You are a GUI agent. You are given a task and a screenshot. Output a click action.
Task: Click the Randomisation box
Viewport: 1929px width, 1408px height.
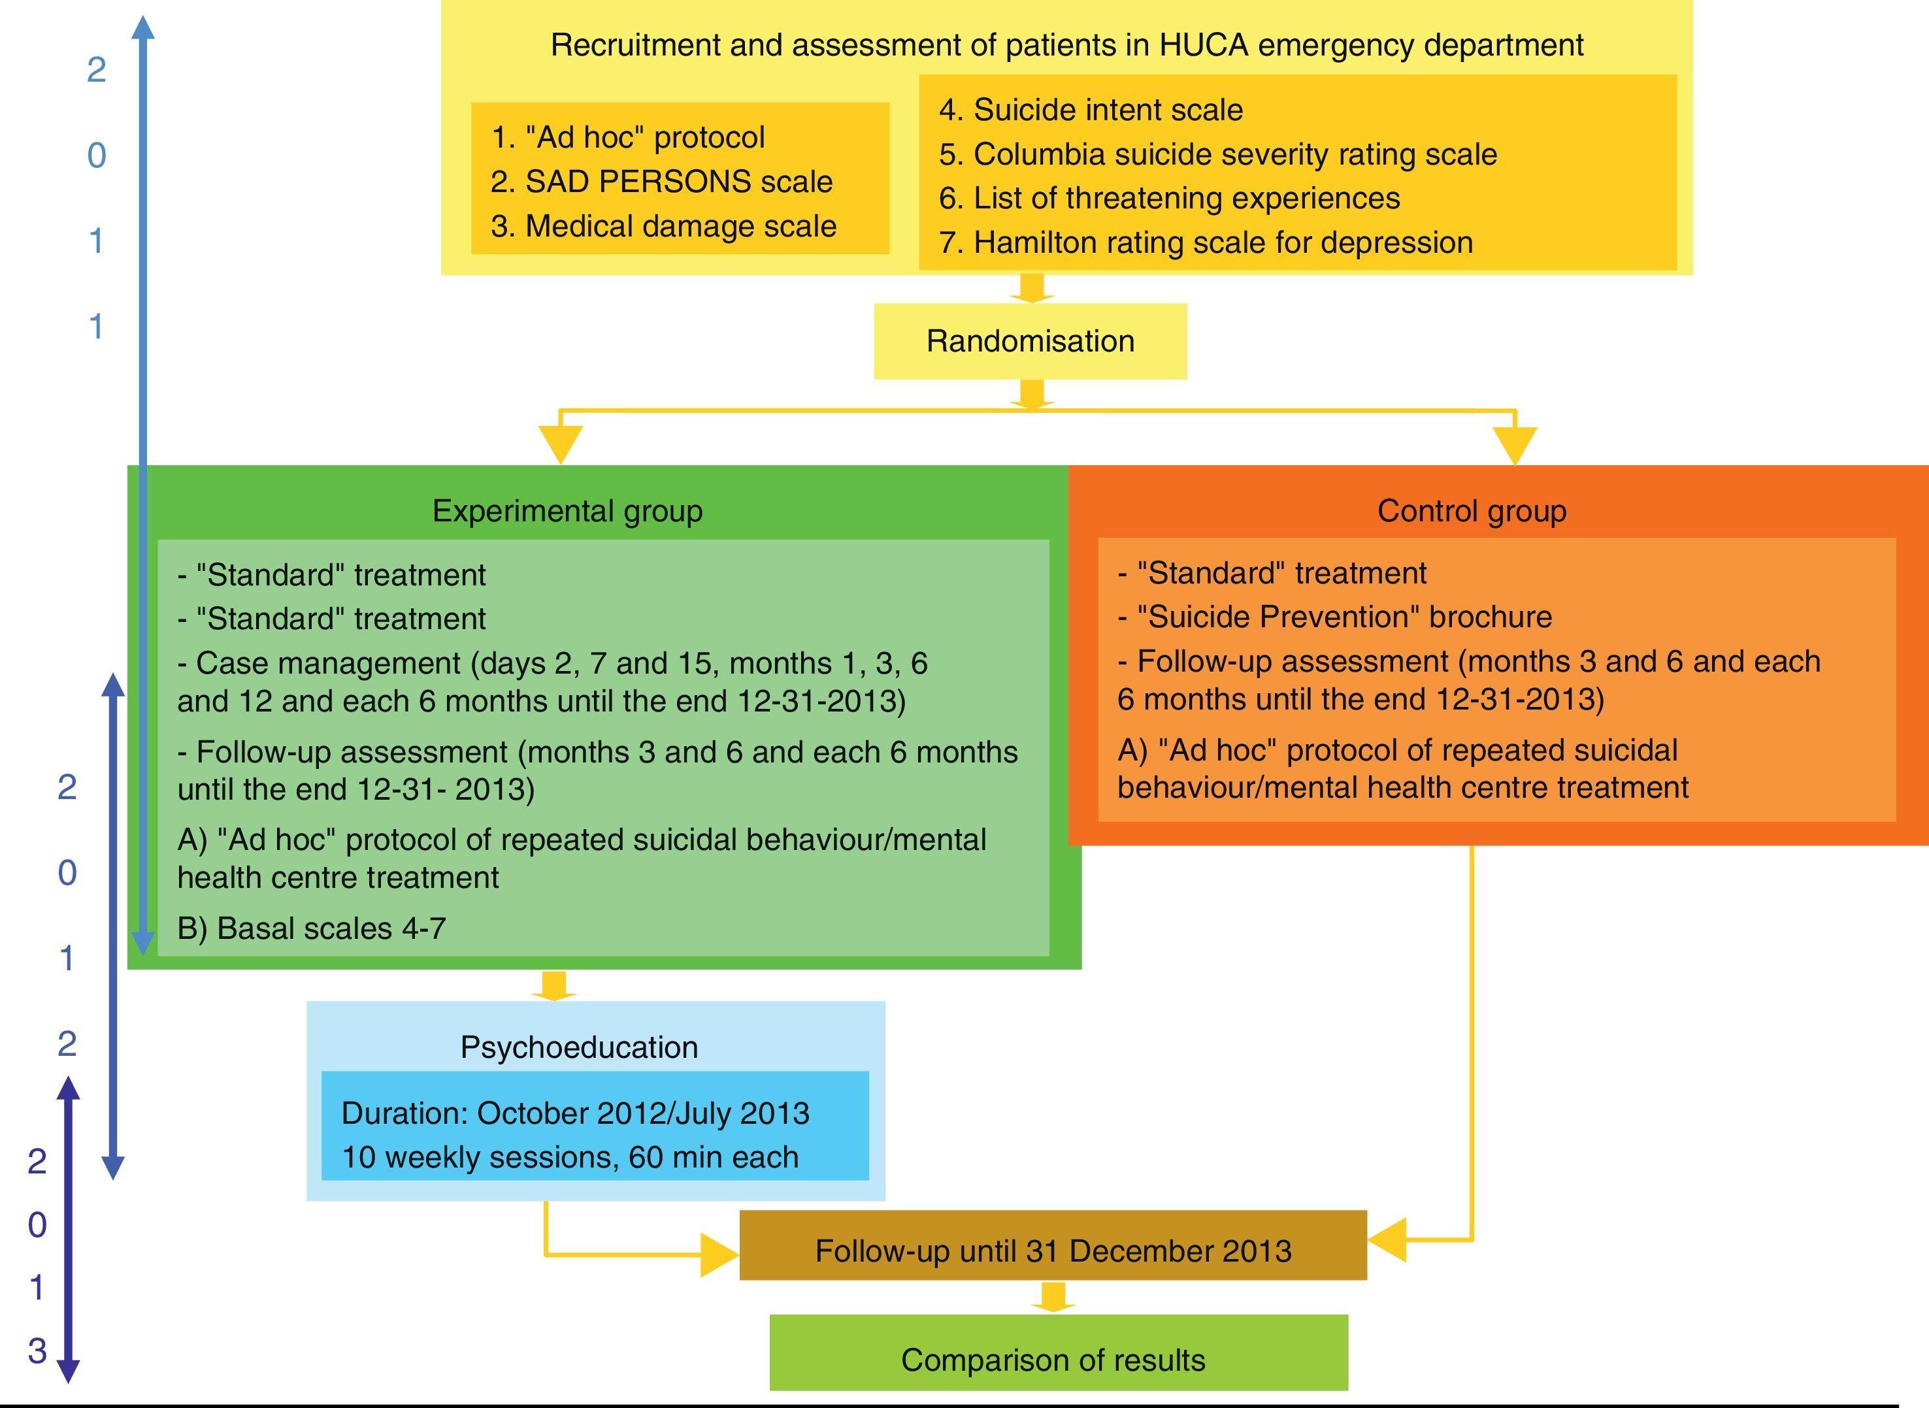click(1030, 341)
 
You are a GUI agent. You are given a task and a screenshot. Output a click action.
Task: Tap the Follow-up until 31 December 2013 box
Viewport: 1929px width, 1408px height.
click(1053, 1251)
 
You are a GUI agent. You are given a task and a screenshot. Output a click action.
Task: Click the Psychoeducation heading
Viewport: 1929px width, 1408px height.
click(579, 1047)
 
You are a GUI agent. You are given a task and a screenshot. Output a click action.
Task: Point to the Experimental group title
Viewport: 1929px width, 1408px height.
click(568, 510)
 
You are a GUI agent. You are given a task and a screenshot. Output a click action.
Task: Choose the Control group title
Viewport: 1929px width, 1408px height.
click(1472, 510)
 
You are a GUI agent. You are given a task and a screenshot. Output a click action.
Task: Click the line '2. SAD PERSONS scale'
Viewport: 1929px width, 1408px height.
click(661, 182)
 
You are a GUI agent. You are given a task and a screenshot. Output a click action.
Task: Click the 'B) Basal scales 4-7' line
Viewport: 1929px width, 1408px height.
click(311, 928)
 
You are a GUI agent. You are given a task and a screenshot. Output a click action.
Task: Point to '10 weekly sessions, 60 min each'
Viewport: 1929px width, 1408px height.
click(569, 1156)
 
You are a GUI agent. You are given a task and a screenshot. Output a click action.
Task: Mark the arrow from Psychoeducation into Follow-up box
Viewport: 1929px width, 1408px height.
click(719, 1254)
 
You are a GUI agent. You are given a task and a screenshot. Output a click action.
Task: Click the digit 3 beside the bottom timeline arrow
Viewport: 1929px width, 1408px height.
click(37, 1350)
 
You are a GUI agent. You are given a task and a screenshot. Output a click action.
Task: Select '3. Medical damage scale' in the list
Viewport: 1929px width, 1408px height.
click(663, 226)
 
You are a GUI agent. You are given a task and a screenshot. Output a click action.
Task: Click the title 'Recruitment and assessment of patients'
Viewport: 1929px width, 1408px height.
click(1066, 45)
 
